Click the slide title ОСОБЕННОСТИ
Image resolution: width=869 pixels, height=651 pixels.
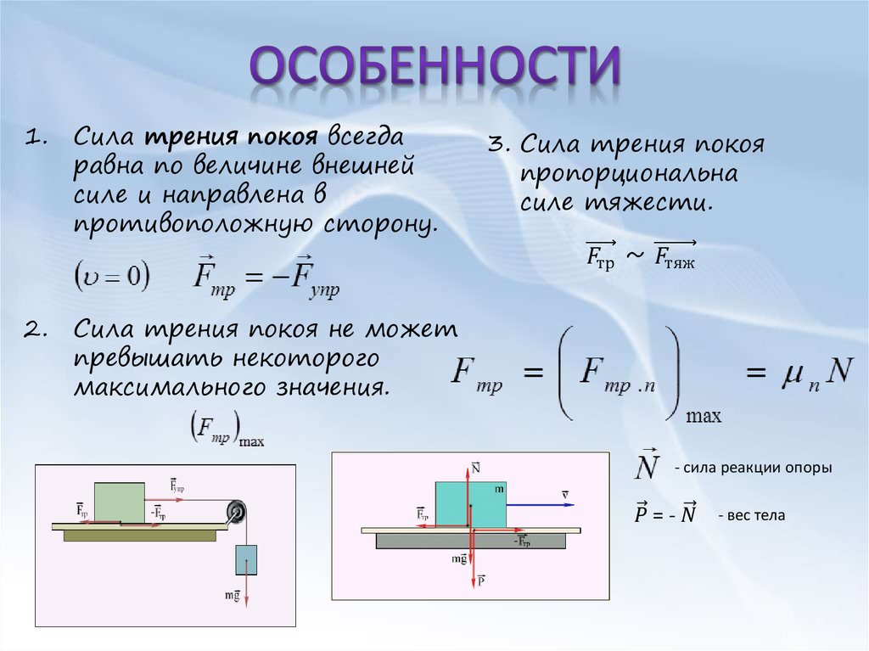point(434,70)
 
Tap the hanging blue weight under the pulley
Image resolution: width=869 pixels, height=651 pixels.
point(245,561)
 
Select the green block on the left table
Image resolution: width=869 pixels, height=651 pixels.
point(119,502)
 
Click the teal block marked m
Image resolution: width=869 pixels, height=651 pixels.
point(470,504)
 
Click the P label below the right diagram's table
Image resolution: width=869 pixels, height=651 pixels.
point(480,581)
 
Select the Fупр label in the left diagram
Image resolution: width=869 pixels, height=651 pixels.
point(177,485)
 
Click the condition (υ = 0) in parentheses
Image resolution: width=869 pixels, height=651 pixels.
point(112,276)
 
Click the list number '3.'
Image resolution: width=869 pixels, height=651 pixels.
point(501,145)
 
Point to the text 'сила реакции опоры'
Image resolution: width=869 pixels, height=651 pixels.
point(754,469)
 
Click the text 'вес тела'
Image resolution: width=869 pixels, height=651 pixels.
point(752,515)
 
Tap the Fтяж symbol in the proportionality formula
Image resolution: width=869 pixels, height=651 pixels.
point(675,258)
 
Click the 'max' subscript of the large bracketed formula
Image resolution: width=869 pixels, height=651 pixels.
point(703,417)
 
